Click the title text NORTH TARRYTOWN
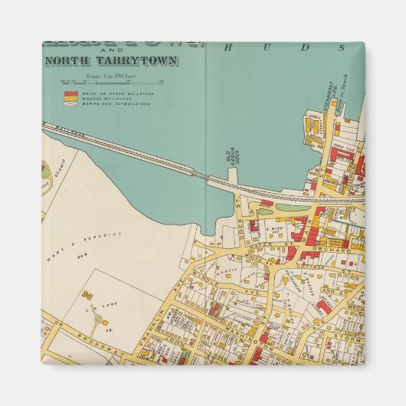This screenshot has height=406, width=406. point(112,61)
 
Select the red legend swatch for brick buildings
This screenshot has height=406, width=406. point(69,93)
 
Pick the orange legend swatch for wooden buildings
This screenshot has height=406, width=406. point(69,98)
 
